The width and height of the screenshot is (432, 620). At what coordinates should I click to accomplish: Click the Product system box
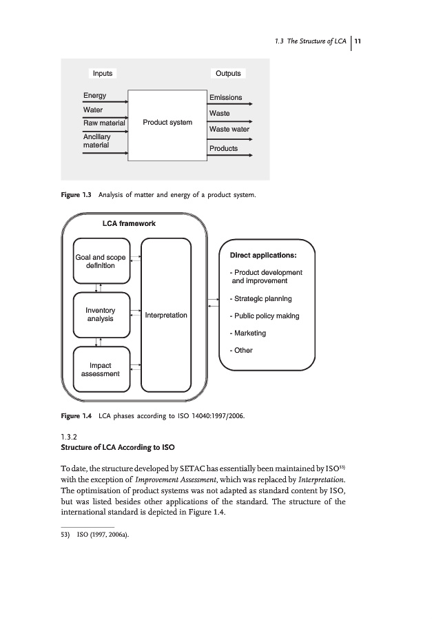point(167,123)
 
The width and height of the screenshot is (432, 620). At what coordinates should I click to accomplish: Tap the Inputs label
point(103,74)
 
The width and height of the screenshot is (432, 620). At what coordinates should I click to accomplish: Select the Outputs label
point(228,74)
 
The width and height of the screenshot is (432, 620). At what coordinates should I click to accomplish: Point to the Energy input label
point(95,96)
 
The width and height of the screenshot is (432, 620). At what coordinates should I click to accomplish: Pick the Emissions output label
point(225,98)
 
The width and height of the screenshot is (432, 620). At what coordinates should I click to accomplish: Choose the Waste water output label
point(229,129)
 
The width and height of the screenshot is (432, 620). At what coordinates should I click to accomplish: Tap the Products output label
point(223,148)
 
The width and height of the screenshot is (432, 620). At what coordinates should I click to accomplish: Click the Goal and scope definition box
point(101,261)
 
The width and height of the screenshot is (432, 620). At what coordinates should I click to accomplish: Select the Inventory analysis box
point(101,315)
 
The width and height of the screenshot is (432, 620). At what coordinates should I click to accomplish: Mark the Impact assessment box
point(101,369)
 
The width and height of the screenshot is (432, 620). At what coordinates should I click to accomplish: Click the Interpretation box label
point(166,315)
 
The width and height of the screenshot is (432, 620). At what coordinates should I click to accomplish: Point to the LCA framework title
point(129,223)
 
